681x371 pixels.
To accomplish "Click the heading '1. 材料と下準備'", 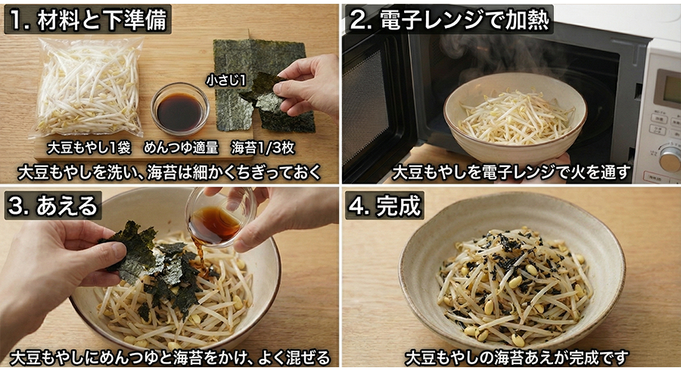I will [x=88, y=19].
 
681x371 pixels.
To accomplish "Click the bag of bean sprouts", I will [x=89, y=87].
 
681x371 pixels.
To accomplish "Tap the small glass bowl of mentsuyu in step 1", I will [x=180, y=110].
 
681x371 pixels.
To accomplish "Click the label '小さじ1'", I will [x=225, y=79].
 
